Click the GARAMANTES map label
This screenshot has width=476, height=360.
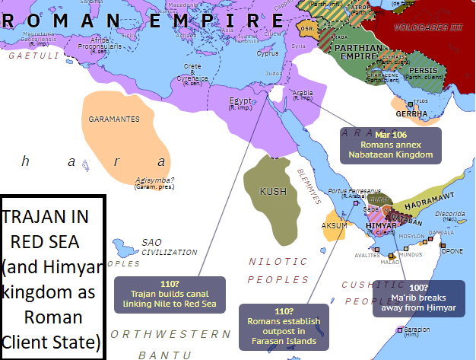114,119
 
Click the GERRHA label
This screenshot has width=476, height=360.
410,113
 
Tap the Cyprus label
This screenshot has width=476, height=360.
268,53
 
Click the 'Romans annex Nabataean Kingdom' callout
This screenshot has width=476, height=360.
390,144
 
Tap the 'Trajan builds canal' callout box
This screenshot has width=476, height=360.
170,294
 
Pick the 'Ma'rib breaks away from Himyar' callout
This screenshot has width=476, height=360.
418,298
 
